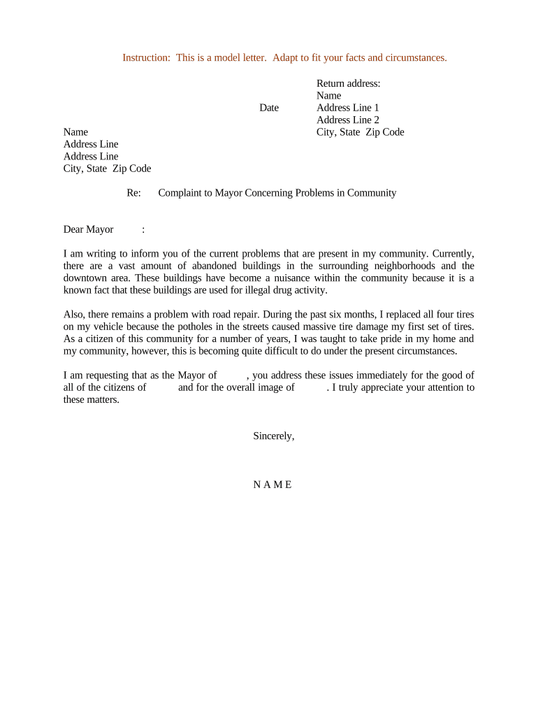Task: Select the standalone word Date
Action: click(269, 108)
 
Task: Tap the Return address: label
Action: click(348, 83)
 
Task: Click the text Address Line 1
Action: click(347, 108)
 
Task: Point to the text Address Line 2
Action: click(347, 120)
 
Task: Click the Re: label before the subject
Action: click(134, 193)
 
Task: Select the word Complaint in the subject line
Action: click(180, 193)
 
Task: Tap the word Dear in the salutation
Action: click(73, 229)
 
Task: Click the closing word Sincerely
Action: click(273, 436)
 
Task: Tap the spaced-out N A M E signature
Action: click(272, 485)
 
